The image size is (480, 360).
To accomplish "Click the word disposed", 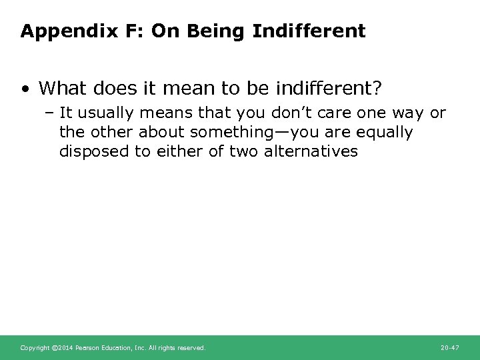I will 91,151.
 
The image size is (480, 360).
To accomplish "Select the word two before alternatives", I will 246,151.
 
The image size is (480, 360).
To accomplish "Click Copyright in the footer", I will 35,348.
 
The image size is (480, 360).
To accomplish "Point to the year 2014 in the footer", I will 66,348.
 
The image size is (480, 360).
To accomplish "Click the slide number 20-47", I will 450,348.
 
